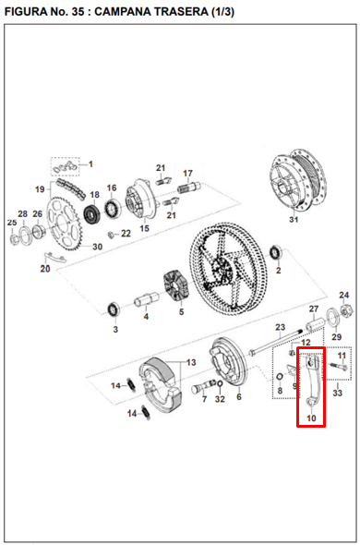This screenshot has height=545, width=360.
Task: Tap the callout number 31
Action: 294,220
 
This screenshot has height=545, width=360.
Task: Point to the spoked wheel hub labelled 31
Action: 294,182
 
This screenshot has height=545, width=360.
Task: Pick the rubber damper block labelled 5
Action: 174,285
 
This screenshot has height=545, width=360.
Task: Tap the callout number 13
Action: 191,362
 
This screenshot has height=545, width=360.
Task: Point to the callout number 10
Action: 311,418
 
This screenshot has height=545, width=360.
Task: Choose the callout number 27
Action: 313,309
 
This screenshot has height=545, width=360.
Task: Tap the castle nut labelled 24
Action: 344,311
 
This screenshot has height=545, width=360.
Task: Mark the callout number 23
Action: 280,328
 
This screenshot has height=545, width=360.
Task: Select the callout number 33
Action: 337,394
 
